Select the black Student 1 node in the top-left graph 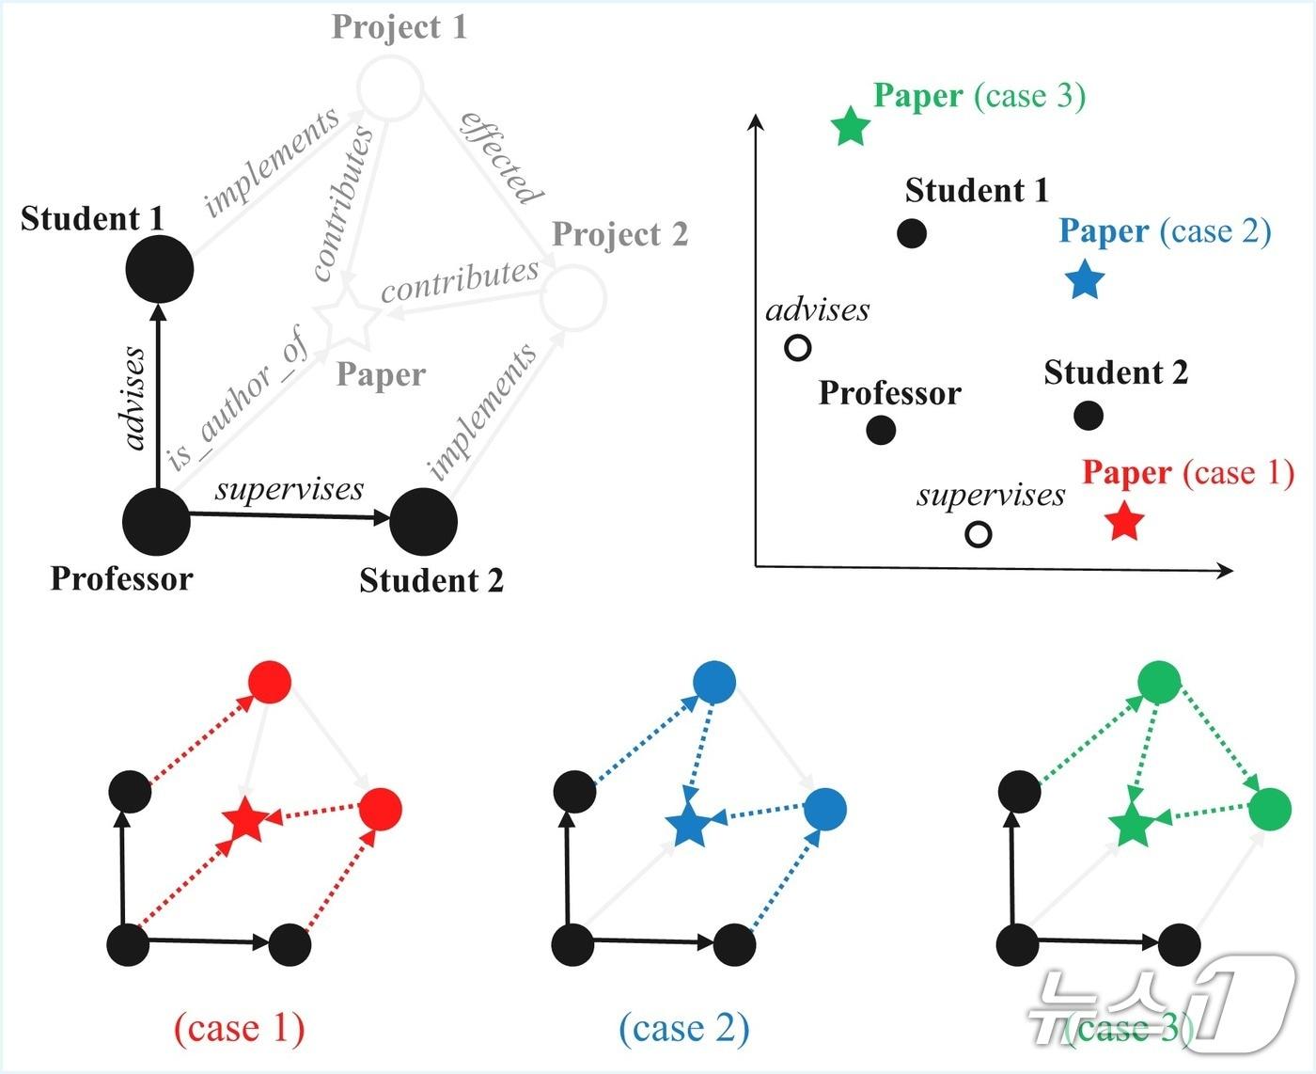tap(160, 269)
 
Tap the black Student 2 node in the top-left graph tap(423, 522)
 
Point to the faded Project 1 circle tap(390, 88)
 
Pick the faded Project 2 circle tap(573, 297)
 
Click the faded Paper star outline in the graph tap(344, 318)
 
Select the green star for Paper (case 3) tap(852, 126)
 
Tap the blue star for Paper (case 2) tap(1085, 280)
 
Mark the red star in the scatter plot tap(1124, 521)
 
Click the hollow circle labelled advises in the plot tap(797, 348)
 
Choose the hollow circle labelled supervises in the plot tap(979, 534)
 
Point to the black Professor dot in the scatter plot tap(881, 430)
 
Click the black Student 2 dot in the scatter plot tap(1088, 415)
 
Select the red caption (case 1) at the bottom tap(240, 1028)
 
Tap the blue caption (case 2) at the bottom tap(684, 1028)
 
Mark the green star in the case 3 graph tap(1131, 825)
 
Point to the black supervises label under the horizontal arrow tap(290, 489)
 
